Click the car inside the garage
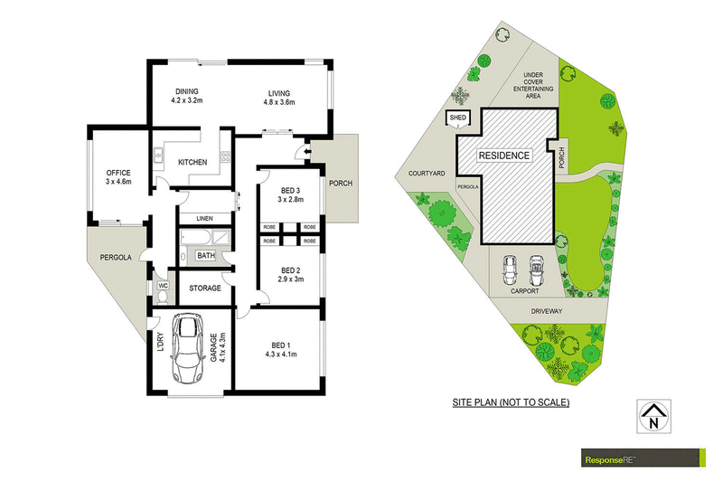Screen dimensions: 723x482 coord(187,348)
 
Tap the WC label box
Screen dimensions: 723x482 coord(164,286)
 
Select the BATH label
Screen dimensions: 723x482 coord(206,255)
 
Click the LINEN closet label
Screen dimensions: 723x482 coord(205,218)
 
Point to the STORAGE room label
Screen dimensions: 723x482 coord(205,288)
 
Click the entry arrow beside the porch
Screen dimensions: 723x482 coord(307,151)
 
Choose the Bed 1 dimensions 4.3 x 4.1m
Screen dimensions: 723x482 coord(281,354)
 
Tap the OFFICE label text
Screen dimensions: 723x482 coord(118,173)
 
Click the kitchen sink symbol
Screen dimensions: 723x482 coord(158,156)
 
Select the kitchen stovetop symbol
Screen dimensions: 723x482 coord(225,156)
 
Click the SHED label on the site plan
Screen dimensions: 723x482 coord(458,118)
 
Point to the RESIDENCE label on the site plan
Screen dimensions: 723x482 coord(504,156)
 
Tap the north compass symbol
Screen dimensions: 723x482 coord(653,416)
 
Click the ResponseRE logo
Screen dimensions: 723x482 coord(643,458)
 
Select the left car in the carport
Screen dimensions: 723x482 coord(510,270)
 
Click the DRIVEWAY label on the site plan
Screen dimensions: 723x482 coord(547,311)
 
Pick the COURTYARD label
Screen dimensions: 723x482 coord(427,174)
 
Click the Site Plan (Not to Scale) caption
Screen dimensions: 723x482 coord(511,402)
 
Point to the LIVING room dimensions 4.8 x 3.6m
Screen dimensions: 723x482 coord(279,102)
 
